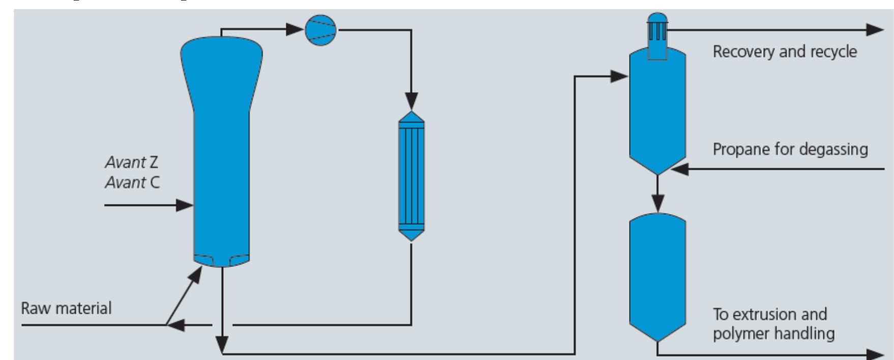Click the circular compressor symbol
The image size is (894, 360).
point(320,31)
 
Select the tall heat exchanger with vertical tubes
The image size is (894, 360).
point(411,176)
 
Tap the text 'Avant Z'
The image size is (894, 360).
point(132,162)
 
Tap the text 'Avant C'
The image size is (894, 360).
point(132,182)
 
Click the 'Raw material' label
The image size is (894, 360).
point(66,308)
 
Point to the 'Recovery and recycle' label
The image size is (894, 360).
point(785,51)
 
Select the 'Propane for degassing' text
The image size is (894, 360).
point(790,149)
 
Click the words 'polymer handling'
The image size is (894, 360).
point(773,334)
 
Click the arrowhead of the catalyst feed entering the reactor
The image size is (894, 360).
point(185,205)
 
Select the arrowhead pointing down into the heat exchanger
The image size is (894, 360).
point(411,100)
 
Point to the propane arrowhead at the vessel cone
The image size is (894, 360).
point(679,169)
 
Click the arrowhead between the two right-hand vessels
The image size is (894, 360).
point(658,205)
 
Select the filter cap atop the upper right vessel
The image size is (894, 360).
point(658,31)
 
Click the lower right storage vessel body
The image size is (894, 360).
point(658,275)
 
